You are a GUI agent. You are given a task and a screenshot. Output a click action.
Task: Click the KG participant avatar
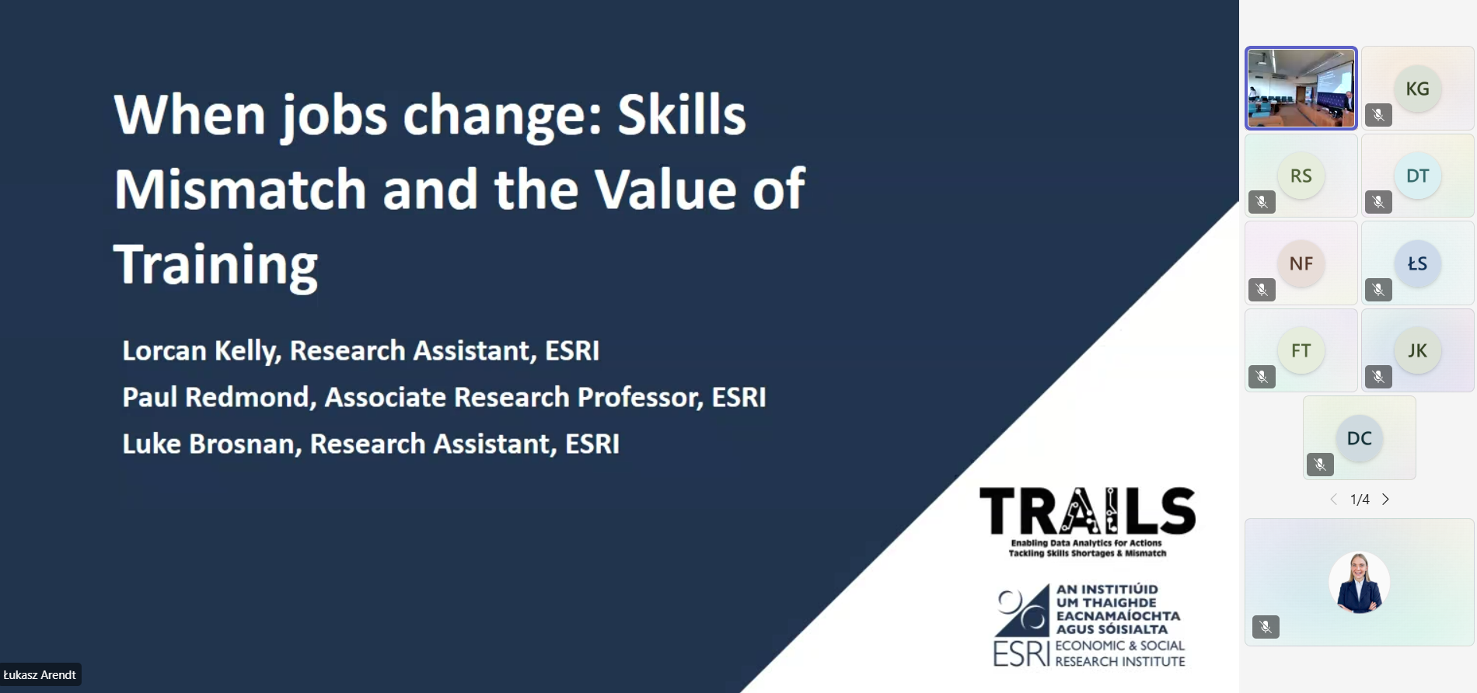1417,88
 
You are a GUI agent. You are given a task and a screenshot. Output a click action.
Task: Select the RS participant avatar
1301,176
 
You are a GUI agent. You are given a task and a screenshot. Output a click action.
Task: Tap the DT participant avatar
1417,176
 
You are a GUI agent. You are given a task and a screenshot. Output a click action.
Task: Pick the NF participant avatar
1301,263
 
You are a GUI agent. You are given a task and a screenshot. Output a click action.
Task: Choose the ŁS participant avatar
1417,263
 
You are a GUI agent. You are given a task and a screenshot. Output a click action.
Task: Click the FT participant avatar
1301,350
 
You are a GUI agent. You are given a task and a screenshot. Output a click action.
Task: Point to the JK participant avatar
1417,350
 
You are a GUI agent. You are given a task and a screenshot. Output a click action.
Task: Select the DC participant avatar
1359,438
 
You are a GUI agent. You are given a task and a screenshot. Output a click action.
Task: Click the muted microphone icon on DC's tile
1320,465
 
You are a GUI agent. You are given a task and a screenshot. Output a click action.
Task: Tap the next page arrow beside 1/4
1385,500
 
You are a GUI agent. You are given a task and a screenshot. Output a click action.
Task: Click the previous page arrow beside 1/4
1333,500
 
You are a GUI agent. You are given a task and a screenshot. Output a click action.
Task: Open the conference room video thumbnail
1301,88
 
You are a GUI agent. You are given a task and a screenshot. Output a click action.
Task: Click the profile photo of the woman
1359,583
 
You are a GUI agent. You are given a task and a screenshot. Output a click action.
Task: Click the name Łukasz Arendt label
40,674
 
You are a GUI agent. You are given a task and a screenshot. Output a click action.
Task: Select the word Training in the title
216,264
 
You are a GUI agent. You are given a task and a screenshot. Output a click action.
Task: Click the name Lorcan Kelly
200,350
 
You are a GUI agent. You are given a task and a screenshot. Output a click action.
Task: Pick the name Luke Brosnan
210,444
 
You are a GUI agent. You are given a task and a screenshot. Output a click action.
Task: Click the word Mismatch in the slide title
240,189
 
